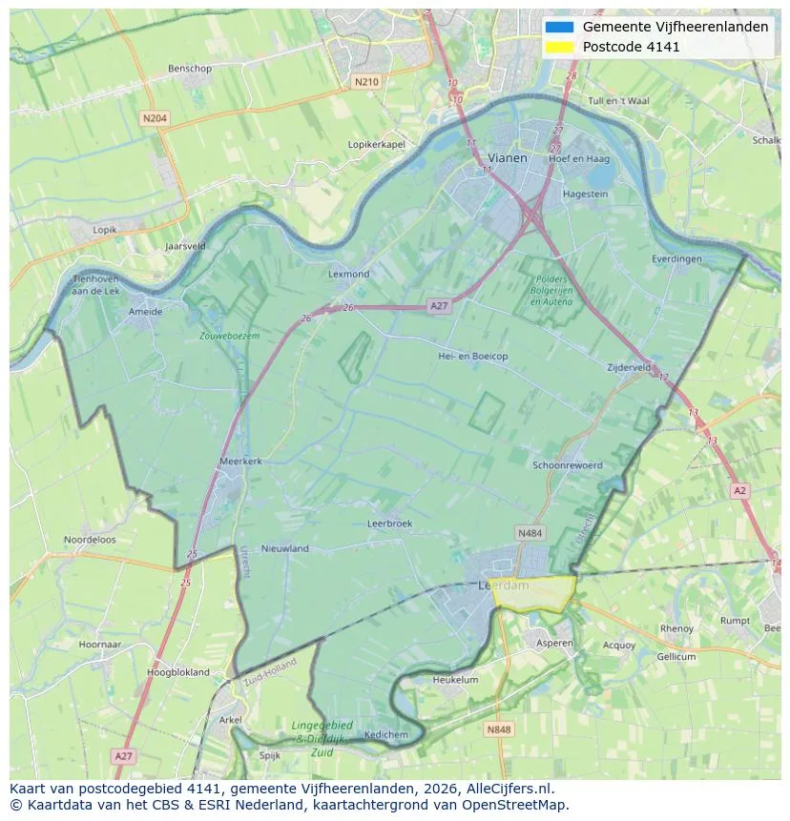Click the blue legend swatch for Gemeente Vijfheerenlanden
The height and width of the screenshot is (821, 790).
[560, 27]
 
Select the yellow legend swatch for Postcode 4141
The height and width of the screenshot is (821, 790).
[560, 47]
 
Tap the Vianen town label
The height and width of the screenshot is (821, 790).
[507, 157]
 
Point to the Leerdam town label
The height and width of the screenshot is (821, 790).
[503, 585]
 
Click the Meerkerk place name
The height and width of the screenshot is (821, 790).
[240, 461]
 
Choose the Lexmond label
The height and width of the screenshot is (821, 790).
[348, 274]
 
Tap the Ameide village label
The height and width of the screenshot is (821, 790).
[145, 311]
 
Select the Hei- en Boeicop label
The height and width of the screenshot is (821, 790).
[472, 356]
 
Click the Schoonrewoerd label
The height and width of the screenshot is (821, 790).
[568, 465]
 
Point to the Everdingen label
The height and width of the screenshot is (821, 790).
[676, 258]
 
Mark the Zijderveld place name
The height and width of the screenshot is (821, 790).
[629, 367]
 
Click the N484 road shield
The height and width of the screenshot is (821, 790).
[530, 533]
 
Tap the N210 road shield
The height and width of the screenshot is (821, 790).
[365, 82]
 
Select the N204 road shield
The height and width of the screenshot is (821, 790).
[154, 118]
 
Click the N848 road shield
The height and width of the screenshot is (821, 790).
[498, 729]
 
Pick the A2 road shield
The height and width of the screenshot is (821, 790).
[739, 490]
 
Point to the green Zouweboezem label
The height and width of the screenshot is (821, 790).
[229, 336]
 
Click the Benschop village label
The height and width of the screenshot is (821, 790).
[189, 69]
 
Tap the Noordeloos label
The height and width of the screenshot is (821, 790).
[90, 539]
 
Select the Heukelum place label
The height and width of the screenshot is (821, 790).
[455, 680]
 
